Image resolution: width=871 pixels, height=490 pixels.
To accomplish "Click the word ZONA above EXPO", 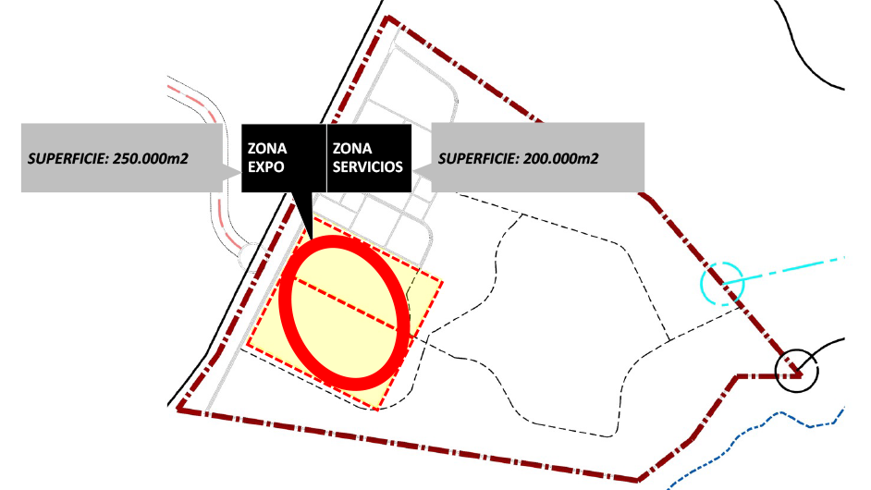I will tap(268, 148).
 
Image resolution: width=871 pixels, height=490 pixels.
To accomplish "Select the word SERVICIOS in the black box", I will tap(367, 168).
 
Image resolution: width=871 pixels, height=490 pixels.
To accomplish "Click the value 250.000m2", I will tap(151, 158).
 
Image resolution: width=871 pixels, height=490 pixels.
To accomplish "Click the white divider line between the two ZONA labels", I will tap(326, 158).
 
